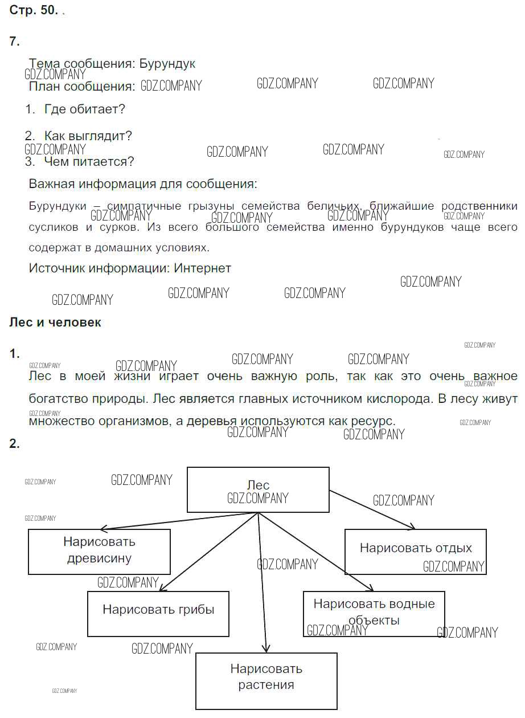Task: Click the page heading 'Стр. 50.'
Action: [34, 10]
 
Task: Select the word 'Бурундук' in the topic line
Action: [167, 64]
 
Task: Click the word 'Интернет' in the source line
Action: [203, 268]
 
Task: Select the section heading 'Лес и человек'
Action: [55, 323]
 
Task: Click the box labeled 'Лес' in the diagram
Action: [258, 489]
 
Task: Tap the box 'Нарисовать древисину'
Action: [99, 552]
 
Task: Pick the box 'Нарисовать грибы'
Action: [158, 614]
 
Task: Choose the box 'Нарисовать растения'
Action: [266, 676]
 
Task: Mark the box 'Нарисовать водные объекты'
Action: [374, 614]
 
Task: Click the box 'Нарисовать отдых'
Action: [416, 552]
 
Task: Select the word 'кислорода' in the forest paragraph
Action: [400, 399]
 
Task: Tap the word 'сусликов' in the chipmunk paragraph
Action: [54, 227]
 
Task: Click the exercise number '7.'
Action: [14, 42]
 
